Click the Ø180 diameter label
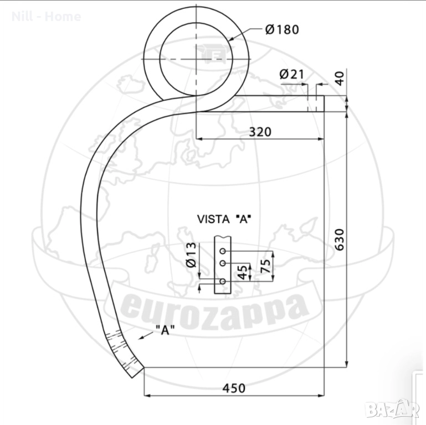tap(282, 29)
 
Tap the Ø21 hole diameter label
tap(292, 74)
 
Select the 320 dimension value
tap(260, 132)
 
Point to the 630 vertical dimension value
tap(340, 240)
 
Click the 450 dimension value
tap(234, 388)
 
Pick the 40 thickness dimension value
tap(340, 79)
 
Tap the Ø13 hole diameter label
tap(192, 255)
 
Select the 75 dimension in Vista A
tap(265, 266)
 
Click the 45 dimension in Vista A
tap(243, 272)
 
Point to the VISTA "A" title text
tap(224, 219)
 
